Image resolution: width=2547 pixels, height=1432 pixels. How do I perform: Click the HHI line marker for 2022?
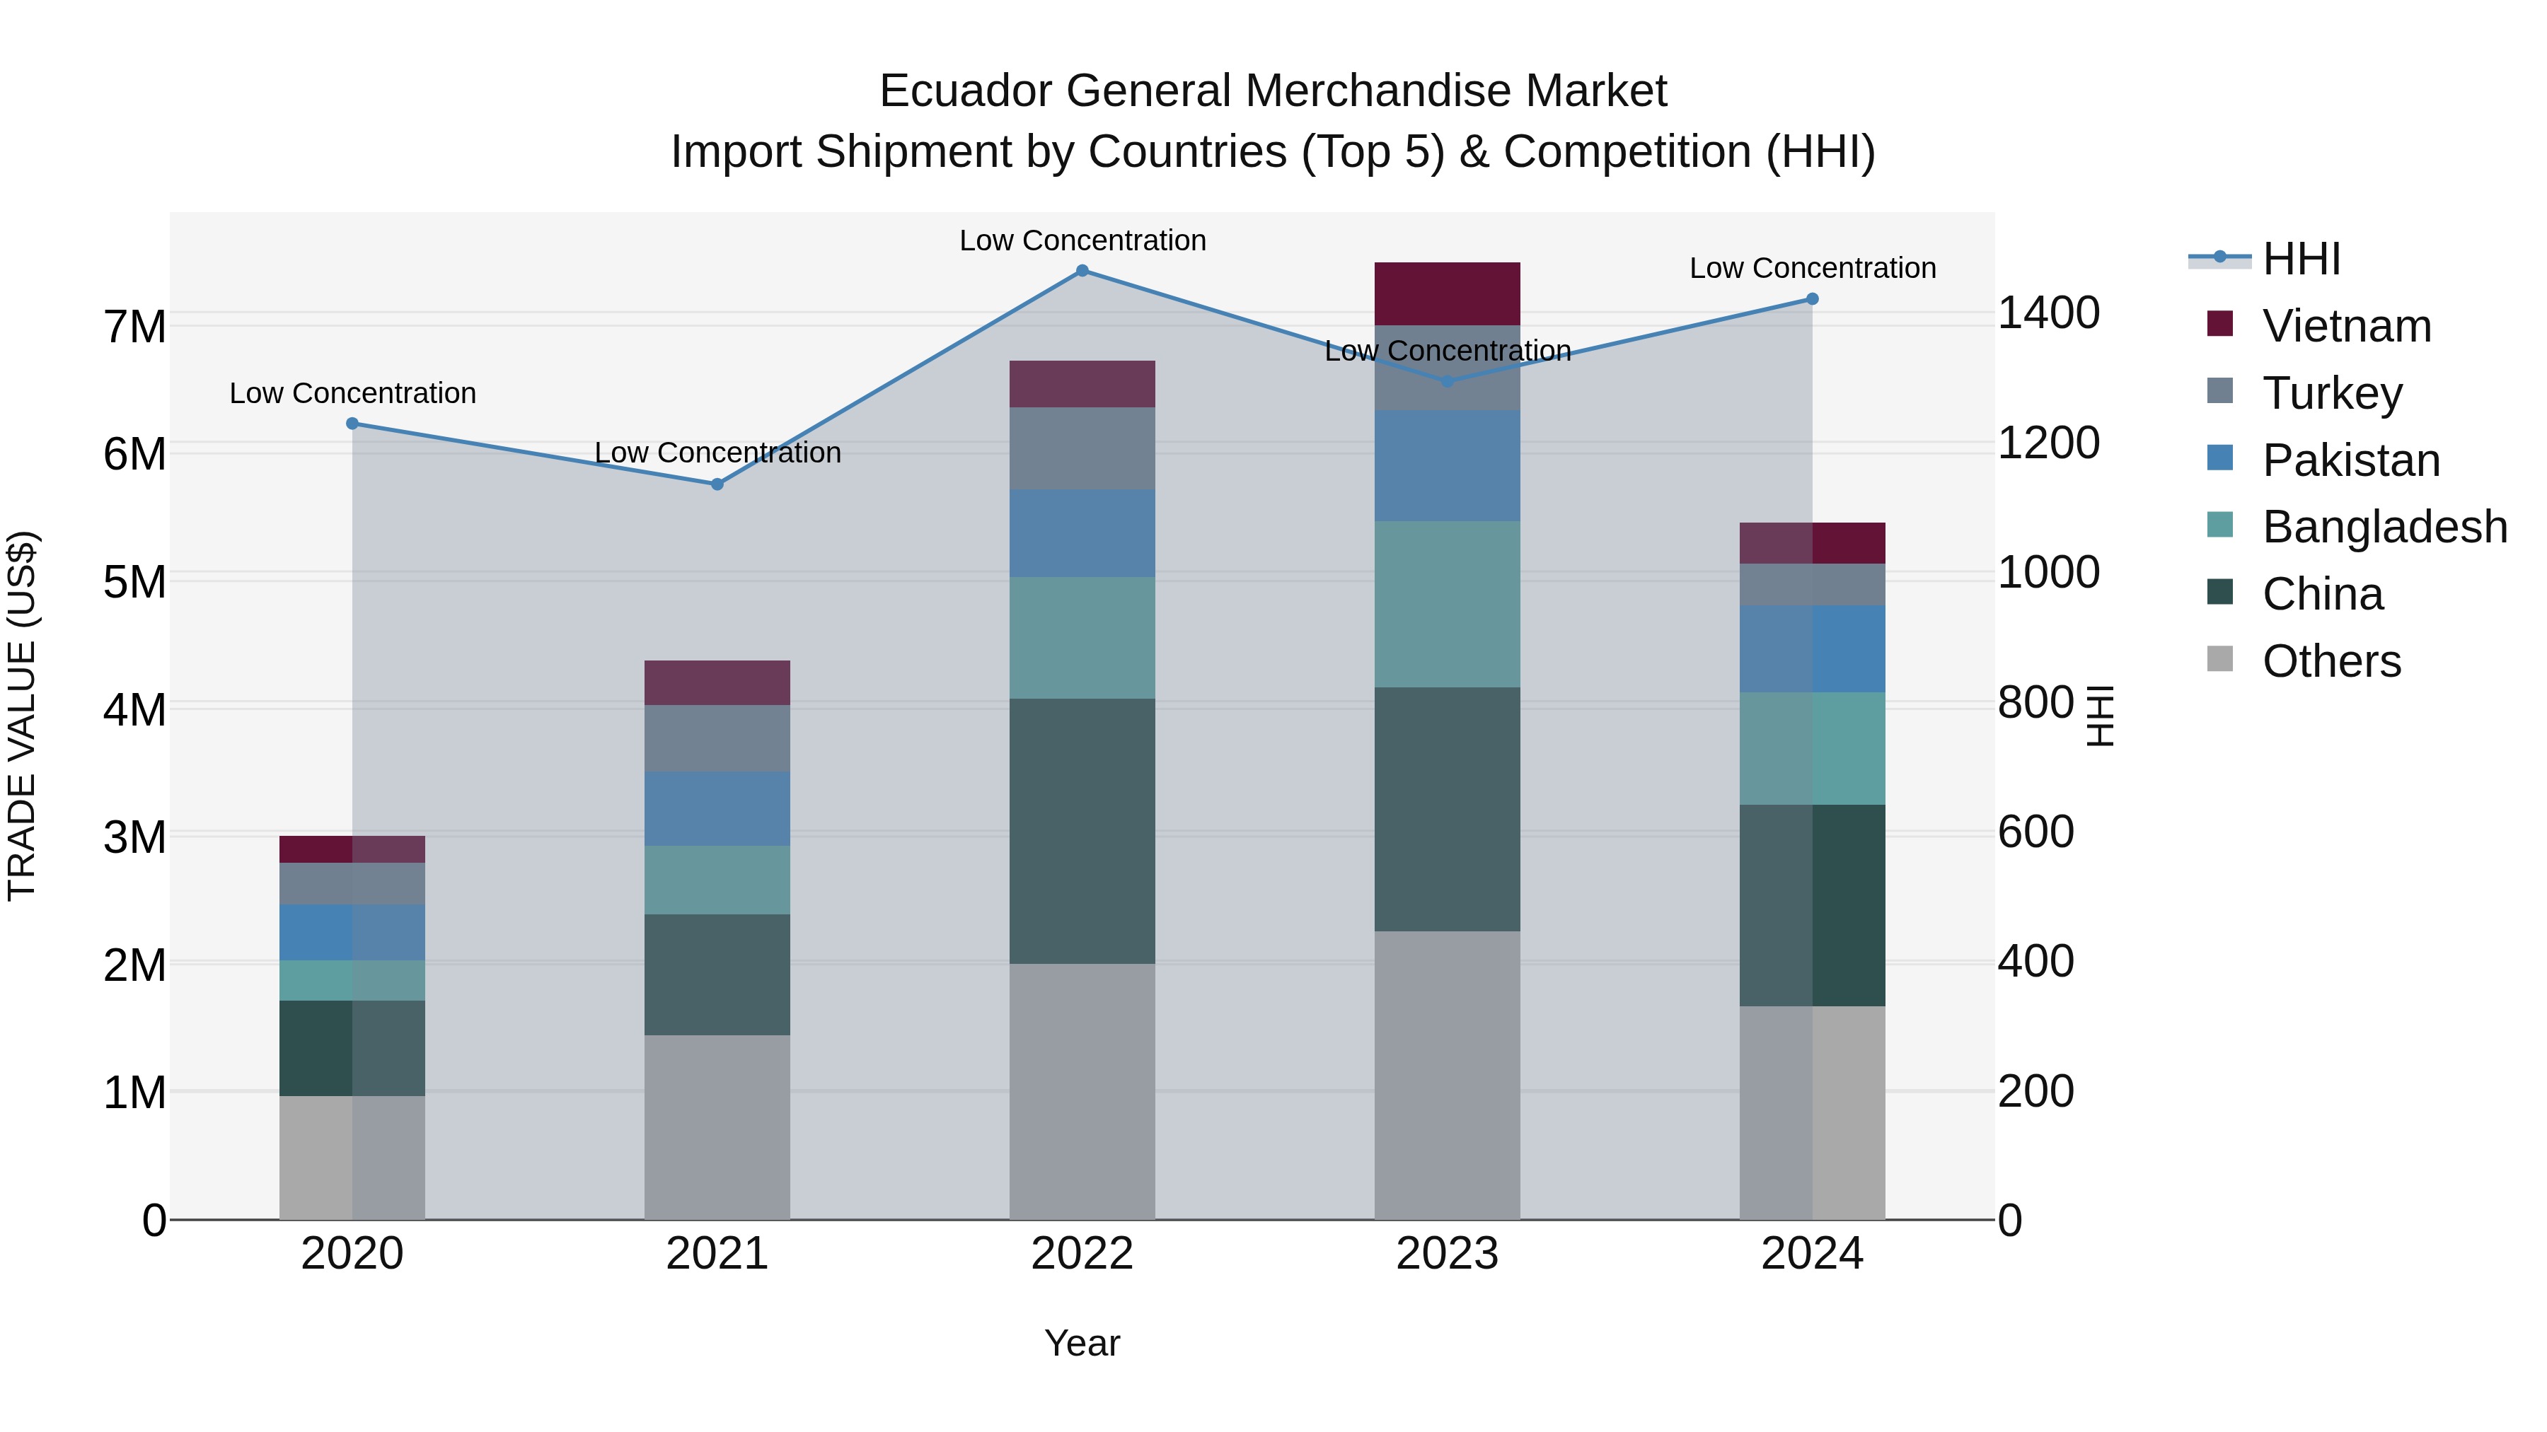coord(1082,271)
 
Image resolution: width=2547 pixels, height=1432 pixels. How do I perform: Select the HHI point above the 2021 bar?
coord(718,484)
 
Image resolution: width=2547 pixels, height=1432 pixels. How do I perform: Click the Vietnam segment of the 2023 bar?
coord(1447,293)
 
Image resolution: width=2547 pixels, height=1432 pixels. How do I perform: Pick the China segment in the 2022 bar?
coord(1082,831)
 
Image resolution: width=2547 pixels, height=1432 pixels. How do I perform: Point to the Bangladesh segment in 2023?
coord(1447,604)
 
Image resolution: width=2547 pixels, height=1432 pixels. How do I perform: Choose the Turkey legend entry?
coord(2331,393)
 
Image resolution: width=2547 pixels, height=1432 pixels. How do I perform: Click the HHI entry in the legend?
coord(2300,259)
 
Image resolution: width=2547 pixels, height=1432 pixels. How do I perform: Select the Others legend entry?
coord(2331,661)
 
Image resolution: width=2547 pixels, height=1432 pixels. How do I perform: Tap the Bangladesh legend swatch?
coord(2219,525)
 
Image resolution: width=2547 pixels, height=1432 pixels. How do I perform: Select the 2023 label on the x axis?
coord(1447,1254)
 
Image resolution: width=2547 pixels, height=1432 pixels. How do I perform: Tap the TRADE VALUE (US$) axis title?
coord(22,716)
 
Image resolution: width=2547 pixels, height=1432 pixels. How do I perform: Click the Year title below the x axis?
coord(1082,1343)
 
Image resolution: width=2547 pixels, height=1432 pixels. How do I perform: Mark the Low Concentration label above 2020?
coord(352,393)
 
